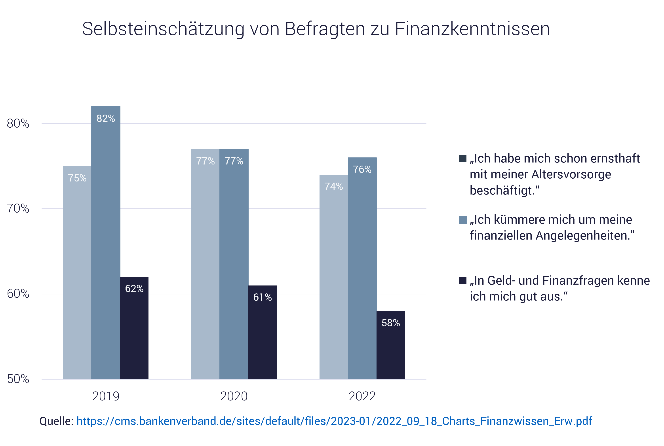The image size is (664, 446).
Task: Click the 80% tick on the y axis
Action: (18, 124)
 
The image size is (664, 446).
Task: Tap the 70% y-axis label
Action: (18, 209)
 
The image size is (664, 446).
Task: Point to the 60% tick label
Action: (18, 294)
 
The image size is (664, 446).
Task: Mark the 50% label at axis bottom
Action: (18, 379)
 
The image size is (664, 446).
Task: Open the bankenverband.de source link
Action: (334, 421)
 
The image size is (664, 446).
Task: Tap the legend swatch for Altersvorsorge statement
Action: (463, 159)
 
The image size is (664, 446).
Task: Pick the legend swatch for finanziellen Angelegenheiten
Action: (463, 220)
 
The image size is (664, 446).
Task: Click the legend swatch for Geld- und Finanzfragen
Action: (463, 281)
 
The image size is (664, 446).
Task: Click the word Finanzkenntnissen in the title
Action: (472, 29)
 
